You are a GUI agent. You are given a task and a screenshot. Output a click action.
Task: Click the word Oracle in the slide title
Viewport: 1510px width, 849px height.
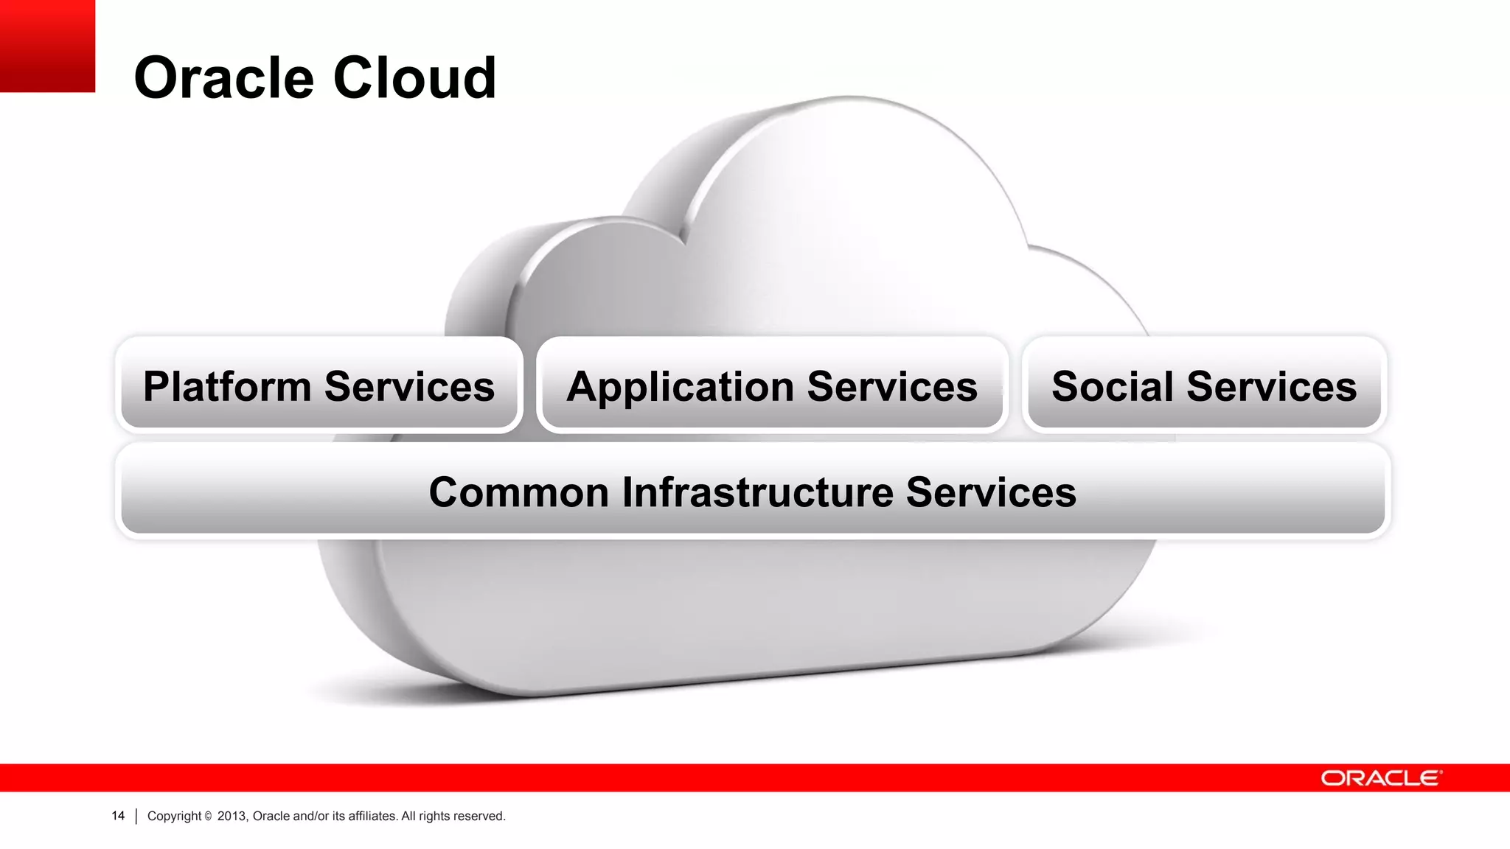point(223,78)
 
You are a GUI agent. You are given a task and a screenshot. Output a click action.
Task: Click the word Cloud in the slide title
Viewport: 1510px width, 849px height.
point(414,78)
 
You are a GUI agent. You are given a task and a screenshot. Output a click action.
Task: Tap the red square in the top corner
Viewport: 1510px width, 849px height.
point(47,46)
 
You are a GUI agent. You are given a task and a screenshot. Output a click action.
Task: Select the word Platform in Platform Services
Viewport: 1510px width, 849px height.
point(227,387)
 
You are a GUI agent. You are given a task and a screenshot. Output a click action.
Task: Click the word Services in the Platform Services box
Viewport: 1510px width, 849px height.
point(409,387)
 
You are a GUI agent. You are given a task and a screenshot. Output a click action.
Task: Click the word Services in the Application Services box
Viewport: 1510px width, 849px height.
point(892,387)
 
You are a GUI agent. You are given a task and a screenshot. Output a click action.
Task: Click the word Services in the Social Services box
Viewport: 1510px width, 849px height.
point(1272,387)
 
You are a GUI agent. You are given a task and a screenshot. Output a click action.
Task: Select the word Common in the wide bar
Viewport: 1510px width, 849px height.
point(518,492)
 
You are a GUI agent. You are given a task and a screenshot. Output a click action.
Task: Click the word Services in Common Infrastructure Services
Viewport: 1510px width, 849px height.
point(991,492)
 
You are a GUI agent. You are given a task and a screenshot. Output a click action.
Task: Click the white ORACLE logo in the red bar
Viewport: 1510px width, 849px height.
point(1380,778)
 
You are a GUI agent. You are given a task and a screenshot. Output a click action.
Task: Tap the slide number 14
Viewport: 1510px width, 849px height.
point(118,816)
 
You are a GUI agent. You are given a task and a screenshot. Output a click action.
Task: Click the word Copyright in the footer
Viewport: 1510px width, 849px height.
point(174,816)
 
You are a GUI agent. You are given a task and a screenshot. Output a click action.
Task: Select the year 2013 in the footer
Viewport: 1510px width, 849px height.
point(232,816)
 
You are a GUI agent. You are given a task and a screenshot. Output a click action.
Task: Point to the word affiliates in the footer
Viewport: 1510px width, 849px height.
point(372,816)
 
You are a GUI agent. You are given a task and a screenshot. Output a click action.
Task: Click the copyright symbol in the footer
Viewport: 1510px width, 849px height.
point(208,816)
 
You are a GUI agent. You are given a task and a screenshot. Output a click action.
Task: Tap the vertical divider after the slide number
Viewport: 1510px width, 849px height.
point(136,816)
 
